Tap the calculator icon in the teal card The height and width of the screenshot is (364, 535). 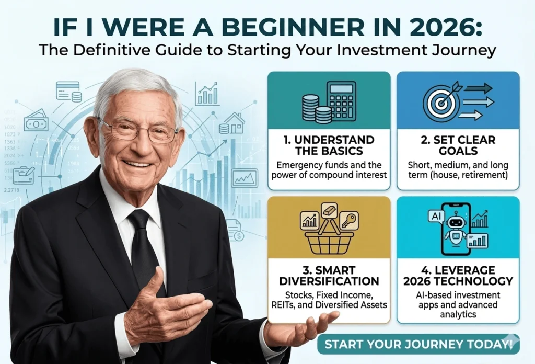pos(340,102)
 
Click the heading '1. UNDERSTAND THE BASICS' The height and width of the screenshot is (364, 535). pos(329,145)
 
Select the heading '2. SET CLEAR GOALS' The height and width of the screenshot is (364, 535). pos(458,145)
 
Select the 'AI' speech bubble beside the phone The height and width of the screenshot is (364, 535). pos(435,215)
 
